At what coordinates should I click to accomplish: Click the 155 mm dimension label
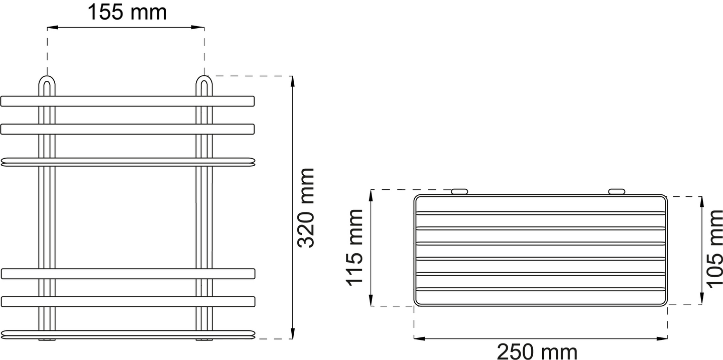point(127,12)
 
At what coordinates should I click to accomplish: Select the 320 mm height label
point(305,208)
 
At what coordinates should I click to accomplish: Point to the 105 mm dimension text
point(713,249)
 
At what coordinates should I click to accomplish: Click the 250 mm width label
point(537,351)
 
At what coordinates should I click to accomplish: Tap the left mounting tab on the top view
point(459,191)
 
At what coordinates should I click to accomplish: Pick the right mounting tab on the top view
point(617,191)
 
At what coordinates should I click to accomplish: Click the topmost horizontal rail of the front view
point(128,101)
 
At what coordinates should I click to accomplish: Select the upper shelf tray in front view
point(128,162)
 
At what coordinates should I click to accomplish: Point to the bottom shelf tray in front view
point(128,334)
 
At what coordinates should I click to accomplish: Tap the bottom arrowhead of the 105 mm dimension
point(701,300)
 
